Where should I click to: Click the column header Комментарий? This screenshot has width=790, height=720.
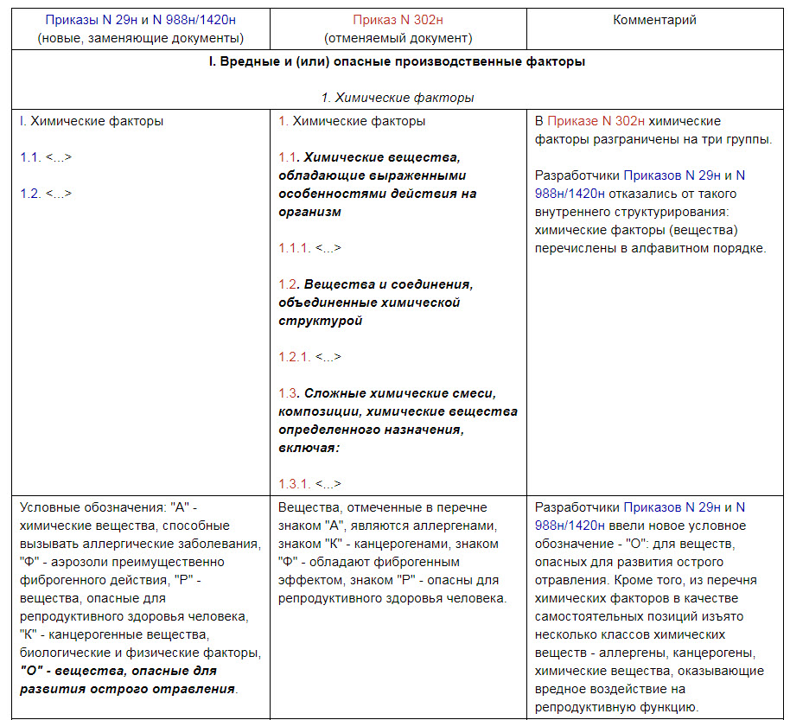pos(654,20)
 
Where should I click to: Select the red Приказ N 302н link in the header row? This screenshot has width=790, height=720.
pos(398,20)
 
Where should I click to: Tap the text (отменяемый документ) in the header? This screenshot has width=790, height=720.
pos(398,38)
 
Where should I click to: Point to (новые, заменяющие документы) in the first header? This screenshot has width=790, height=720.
pos(140,38)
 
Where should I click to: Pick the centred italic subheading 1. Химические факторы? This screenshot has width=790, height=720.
pos(397,98)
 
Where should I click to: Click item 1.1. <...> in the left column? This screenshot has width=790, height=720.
pos(46,157)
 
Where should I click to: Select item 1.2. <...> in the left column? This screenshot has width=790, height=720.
pos(46,194)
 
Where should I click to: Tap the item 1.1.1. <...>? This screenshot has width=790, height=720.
pos(309,248)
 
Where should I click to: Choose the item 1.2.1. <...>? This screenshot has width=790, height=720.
pos(309,357)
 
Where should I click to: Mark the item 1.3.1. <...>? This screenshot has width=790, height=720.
pos(309,484)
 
